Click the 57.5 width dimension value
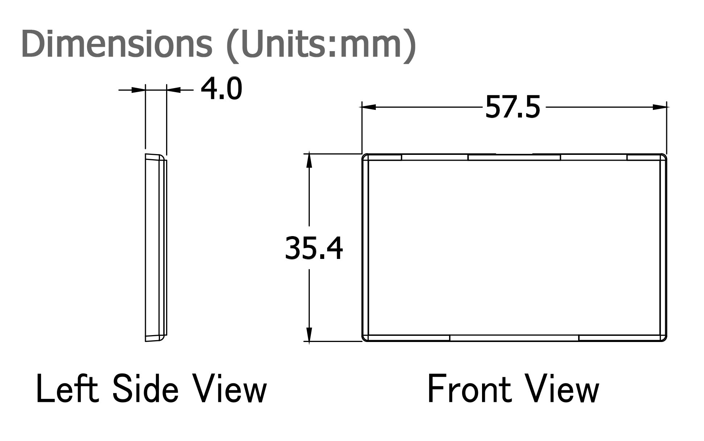click(512, 107)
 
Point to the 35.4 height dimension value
click(314, 248)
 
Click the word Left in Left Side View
click(67, 390)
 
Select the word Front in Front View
click(470, 390)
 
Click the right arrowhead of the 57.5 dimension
click(660, 107)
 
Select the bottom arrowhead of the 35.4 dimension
click(309, 334)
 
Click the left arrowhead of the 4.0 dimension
click(138, 89)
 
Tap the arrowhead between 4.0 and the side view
click(173, 89)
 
